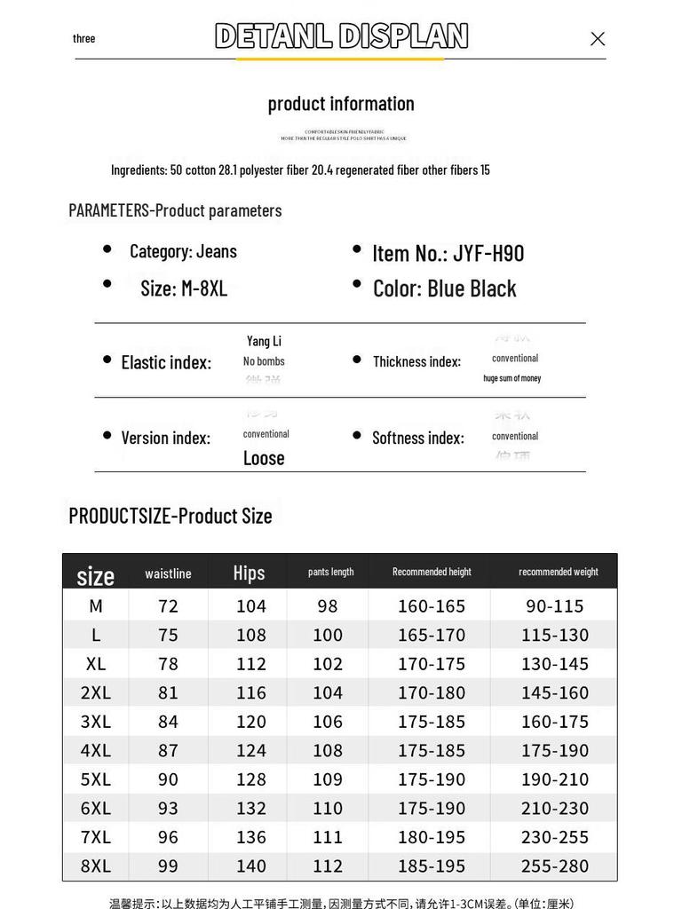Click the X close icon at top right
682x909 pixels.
pyautogui.click(x=598, y=38)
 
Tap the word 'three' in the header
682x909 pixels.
pyautogui.click(x=84, y=38)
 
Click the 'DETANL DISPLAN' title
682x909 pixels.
pyautogui.click(x=341, y=36)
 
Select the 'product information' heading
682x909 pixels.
pyautogui.click(x=341, y=103)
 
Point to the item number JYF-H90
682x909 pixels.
pyautogui.click(x=448, y=253)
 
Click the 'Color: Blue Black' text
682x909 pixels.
pyautogui.click(x=444, y=289)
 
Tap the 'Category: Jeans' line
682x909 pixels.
pyautogui.click(x=183, y=251)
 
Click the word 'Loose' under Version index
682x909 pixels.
pyautogui.click(x=264, y=457)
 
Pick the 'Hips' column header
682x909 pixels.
pyautogui.click(x=249, y=573)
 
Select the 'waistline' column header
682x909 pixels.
pyautogui.click(x=168, y=573)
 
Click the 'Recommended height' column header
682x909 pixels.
pyautogui.click(x=432, y=572)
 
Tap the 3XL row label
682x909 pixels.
pyautogui.click(x=96, y=721)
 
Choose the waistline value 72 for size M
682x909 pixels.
pyautogui.click(x=168, y=605)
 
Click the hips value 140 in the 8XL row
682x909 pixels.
pyautogui.click(x=251, y=866)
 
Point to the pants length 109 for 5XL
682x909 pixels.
pyautogui.click(x=328, y=779)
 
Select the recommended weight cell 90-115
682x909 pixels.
pyautogui.click(x=555, y=605)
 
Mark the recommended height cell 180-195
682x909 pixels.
pyautogui.click(x=432, y=836)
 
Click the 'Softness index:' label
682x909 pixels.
pyautogui.click(x=418, y=438)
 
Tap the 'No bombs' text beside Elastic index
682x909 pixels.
pyautogui.click(x=264, y=361)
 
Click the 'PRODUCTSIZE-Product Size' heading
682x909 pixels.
pyautogui.click(x=170, y=516)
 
